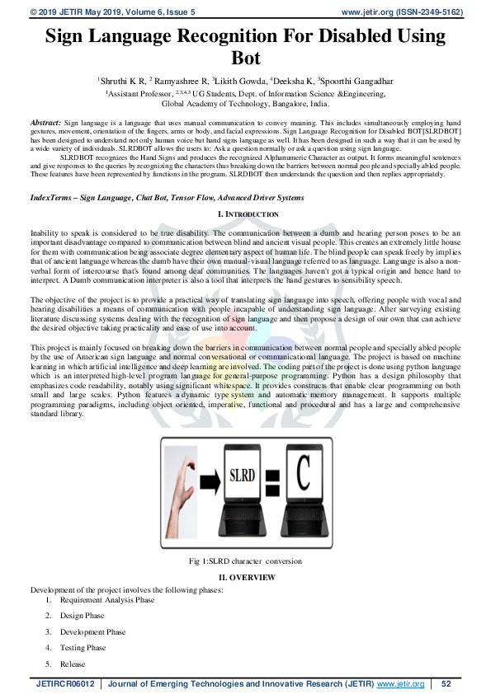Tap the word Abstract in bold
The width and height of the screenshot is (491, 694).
click(x=45, y=121)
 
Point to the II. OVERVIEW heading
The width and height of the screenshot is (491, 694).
click(x=246, y=578)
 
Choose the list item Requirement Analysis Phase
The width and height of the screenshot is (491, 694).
click(x=107, y=600)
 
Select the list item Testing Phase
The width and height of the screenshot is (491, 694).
click(x=83, y=648)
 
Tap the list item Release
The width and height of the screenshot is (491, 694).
click(x=73, y=664)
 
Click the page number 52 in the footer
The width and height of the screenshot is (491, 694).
click(x=446, y=684)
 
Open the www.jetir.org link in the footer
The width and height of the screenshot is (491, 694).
click(x=400, y=684)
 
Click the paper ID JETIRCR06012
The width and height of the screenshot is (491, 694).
click(x=65, y=684)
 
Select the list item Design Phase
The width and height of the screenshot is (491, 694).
click(x=83, y=616)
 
